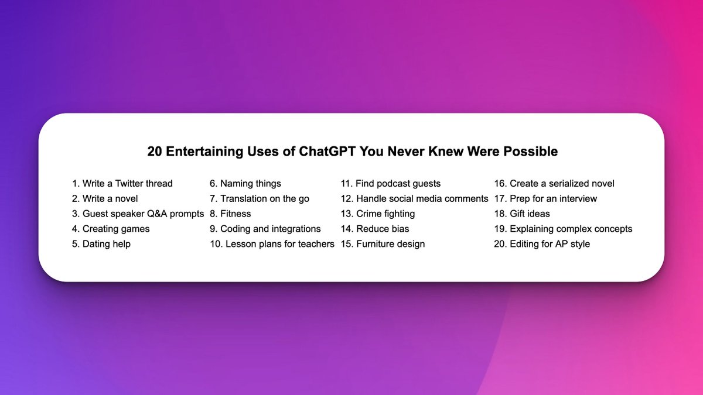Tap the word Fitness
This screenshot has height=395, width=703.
pyautogui.click(x=236, y=214)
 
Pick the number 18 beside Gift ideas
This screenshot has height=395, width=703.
pyautogui.click(x=500, y=214)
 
